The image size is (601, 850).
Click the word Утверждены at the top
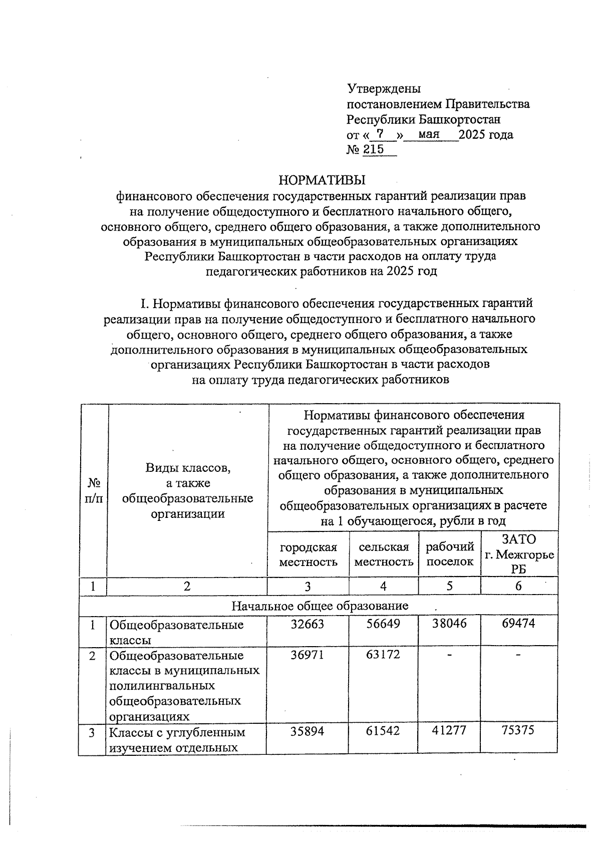coord(384,89)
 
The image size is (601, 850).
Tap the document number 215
coord(373,149)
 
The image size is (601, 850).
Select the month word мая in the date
coord(429,134)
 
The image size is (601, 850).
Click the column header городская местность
coord(308,554)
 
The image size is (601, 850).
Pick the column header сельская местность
coord(384,554)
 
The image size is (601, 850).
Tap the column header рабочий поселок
coord(450,554)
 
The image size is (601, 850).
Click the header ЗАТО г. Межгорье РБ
coord(519,554)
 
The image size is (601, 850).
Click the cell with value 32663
coord(308,624)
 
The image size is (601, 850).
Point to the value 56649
coord(383,624)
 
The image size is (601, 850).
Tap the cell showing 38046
coord(450,624)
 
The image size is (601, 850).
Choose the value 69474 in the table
coord(518,624)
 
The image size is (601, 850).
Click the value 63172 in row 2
coord(383,654)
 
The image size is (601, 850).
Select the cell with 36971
coord(308,655)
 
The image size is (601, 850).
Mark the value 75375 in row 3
coord(518,730)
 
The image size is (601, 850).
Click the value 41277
coord(449,730)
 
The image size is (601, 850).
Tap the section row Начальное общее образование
coord(320,606)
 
